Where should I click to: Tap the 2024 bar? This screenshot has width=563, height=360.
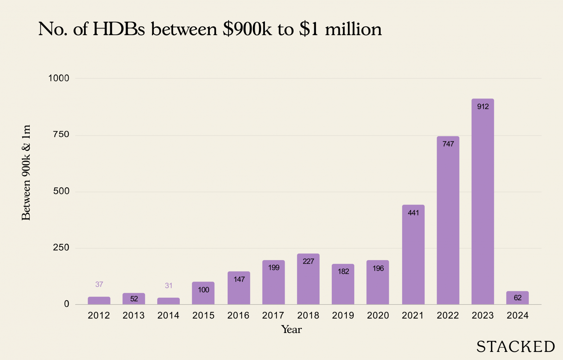click(517, 298)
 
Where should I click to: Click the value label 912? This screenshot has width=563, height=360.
click(483, 107)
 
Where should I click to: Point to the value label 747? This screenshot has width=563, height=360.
click(448, 144)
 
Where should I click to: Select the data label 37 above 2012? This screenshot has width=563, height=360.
click(99, 284)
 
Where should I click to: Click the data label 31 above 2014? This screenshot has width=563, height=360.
click(169, 286)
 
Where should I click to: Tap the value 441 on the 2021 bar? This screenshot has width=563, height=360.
click(413, 213)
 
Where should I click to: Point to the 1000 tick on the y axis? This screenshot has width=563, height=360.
click(59, 78)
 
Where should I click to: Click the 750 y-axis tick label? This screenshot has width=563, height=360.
click(61, 135)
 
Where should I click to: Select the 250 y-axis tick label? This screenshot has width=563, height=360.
click(61, 248)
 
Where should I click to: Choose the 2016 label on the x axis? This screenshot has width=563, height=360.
click(238, 316)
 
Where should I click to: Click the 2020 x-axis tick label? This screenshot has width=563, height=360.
click(378, 316)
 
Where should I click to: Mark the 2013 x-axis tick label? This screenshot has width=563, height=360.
click(134, 316)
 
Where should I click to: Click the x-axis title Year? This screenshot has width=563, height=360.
click(291, 330)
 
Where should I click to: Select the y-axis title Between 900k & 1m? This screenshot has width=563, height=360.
click(26, 172)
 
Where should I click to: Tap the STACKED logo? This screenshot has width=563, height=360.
click(515, 347)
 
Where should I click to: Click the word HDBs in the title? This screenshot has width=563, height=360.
click(119, 29)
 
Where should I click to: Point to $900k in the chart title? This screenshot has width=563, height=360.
click(247, 29)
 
